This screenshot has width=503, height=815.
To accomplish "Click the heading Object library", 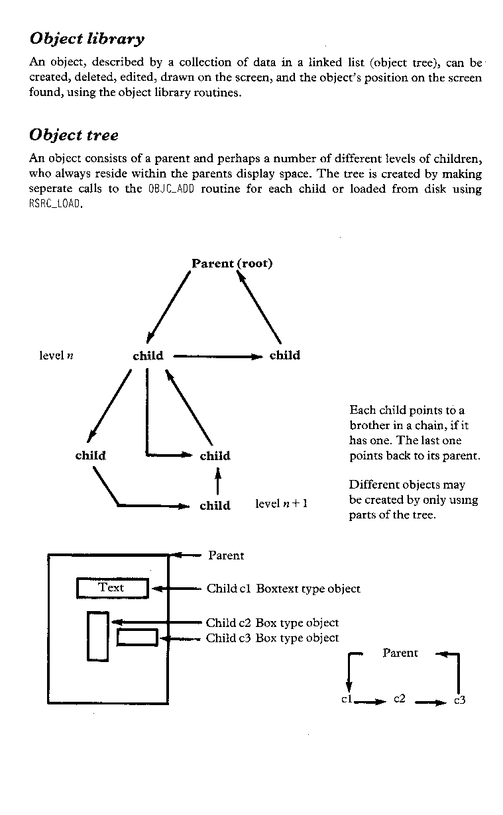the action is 87,39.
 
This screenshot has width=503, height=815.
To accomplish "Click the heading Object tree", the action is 74,135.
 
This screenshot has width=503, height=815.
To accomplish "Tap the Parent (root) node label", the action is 232,264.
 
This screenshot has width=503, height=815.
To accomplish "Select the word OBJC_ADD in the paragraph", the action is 171,189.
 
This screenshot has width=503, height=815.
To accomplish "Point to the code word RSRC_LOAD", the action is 54,204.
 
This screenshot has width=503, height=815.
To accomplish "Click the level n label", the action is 56,356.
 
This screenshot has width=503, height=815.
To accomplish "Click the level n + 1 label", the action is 281,504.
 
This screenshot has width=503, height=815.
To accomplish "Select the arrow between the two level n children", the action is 218,357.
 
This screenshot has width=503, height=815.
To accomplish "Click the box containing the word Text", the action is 113,589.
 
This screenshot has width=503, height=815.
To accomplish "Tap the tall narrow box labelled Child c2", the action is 98,636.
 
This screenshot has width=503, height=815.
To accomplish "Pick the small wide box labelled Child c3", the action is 137,638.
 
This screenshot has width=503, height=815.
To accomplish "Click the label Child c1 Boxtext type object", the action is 284,589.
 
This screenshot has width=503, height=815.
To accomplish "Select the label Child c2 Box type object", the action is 272,623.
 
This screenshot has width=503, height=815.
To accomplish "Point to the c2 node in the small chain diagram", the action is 399,698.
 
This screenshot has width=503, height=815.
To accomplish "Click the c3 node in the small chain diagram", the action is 460,700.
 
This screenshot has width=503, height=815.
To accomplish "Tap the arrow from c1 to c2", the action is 370,702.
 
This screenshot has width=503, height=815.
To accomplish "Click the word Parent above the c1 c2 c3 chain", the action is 400,653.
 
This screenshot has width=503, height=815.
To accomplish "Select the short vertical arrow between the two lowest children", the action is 218,481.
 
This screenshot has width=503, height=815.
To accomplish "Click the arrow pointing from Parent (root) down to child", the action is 168,307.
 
